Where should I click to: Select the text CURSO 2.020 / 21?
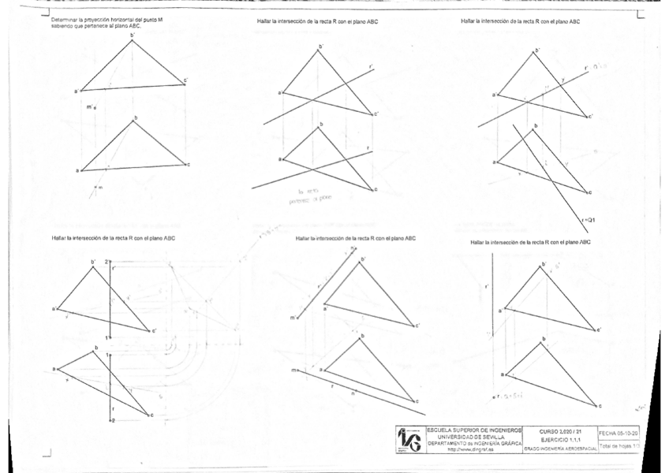click(559, 431)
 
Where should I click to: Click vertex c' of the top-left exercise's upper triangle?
click(185, 80)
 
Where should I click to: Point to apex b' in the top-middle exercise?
click(320, 47)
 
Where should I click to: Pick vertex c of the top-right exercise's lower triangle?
click(590, 192)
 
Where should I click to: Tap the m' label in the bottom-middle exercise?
click(293, 318)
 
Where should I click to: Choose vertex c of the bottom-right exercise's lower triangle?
click(600, 406)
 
